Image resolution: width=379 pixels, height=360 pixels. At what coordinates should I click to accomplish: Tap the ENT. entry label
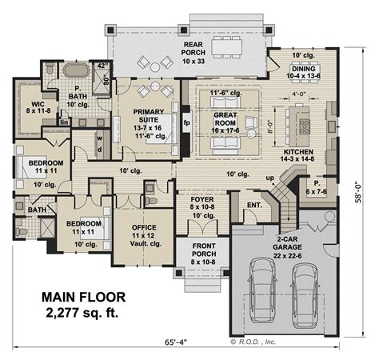click(x=255, y=205)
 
